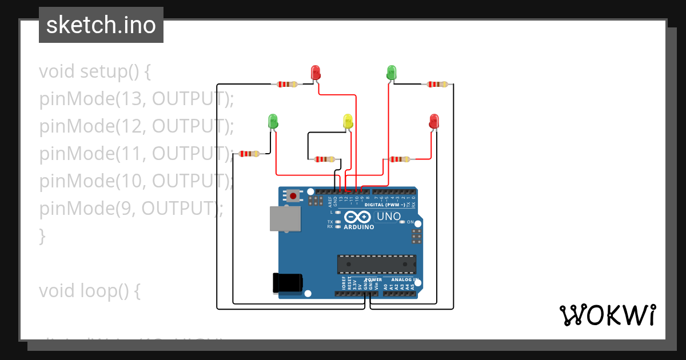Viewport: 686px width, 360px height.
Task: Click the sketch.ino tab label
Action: (101, 25)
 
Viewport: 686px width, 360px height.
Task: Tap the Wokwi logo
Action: (607, 315)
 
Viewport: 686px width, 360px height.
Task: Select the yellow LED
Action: (348, 121)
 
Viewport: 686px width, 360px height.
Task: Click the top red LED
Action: (316, 73)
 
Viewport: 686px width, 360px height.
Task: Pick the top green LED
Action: (392, 73)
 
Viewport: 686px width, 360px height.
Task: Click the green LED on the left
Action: (273, 121)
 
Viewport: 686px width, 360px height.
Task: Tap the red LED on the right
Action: (434, 121)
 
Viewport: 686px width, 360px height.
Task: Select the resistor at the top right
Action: (437, 85)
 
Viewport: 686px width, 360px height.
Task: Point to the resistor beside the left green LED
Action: (249, 153)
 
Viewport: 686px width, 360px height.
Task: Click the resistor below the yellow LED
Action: (324, 159)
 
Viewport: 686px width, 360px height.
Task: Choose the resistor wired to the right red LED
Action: (399, 159)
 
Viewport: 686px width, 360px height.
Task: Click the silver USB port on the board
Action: (285, 218)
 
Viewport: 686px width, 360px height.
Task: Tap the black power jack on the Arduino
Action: (287, 283)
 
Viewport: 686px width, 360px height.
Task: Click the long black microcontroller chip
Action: (376, 264)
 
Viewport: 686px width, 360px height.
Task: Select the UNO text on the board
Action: (389, 217)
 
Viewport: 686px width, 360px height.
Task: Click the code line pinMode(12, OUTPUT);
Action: (137, 126)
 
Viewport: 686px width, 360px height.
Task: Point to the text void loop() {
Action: (90, 291)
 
